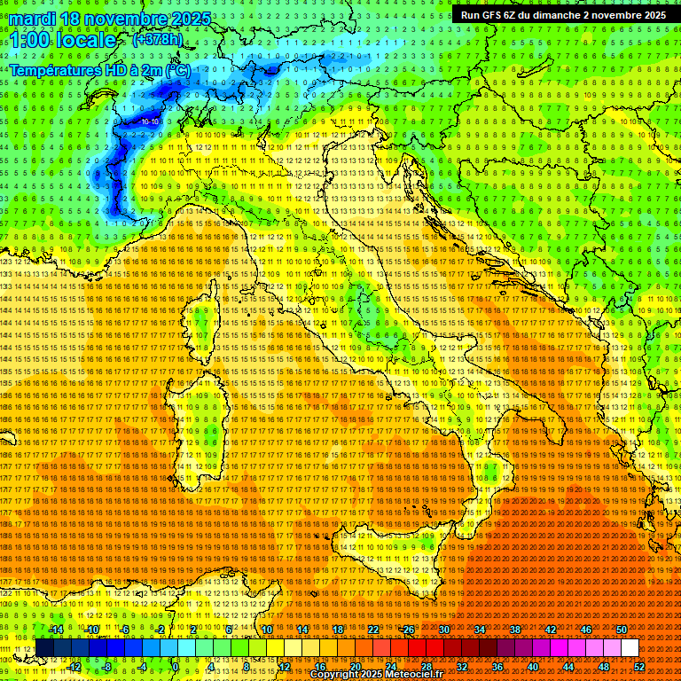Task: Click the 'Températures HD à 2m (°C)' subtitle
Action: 99,69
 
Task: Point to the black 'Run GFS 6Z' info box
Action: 563,15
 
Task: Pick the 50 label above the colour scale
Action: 622,630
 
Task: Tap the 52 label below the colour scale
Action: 639,667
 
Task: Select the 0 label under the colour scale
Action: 176,667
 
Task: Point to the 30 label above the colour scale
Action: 444,630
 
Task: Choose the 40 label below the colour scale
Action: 533,667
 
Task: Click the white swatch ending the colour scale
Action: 630,648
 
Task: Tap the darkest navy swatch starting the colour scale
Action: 44,648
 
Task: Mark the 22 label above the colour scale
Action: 373,630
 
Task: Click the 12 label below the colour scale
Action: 285,667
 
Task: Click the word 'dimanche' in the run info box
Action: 557,15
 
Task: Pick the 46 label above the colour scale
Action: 586,630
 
